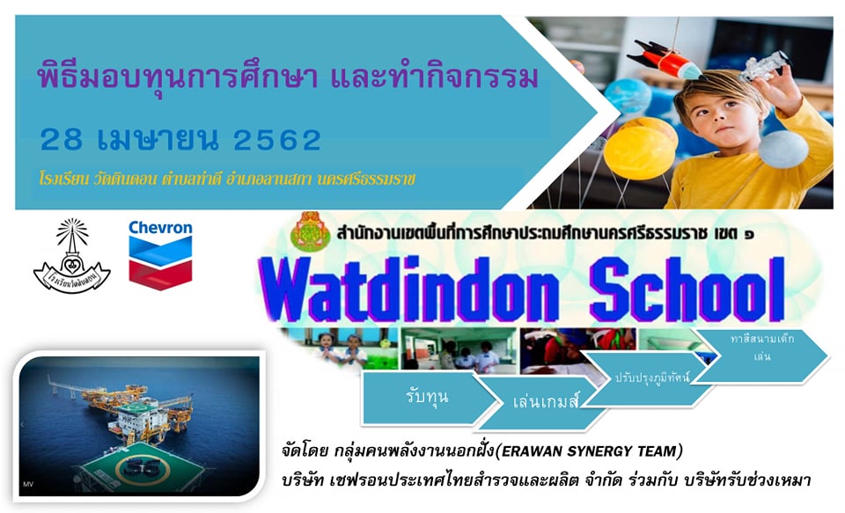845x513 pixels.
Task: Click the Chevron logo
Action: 159,253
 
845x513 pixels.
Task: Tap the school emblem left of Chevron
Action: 71,256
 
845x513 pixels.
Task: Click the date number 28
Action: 63,138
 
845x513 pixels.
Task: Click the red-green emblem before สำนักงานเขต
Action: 310,231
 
